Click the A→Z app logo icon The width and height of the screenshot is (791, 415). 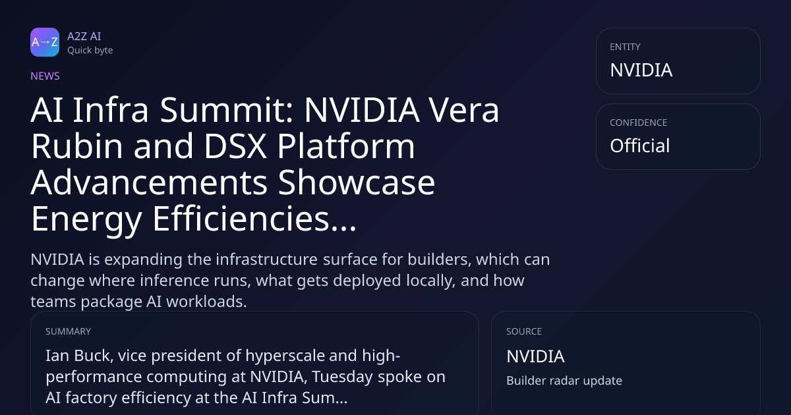pos(45,42)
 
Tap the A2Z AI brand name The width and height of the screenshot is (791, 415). pos(84,36)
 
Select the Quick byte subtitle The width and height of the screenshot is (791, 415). pos(90,51)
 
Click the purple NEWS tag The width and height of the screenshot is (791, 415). pos(45,76)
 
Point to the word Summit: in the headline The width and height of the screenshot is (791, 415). pos(226,110)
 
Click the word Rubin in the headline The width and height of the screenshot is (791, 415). pos(76,146)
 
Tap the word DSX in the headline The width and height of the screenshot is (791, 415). pos(235,146)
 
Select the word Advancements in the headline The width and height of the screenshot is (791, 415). pos(149,182)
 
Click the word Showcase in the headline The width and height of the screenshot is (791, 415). pos(357,182)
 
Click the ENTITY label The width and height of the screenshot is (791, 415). pos(625,47)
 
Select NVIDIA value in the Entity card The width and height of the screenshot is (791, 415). pos(641,70)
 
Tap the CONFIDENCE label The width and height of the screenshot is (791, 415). pos(639,123)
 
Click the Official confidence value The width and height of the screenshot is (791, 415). pos(640,146)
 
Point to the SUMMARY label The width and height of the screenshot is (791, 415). pos(68,331)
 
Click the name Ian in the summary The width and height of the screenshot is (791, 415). pos(57,356)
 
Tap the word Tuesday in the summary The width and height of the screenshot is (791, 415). pos(342,377)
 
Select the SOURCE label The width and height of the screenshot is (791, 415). pos(524,331)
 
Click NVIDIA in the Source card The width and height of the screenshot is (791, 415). pos(535,356)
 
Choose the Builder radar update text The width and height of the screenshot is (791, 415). pos(564,381)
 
